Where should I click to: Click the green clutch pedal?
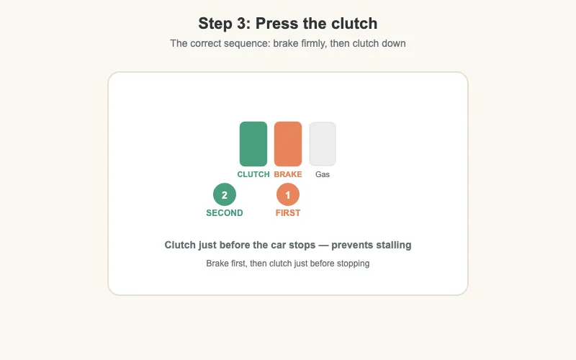[x=253, y=144]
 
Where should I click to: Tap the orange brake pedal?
[x=288, y=144]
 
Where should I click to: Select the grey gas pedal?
[x=323, y=144]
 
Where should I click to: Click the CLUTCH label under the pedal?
[x=253, y=174]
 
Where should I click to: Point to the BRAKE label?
[x=288, y=174]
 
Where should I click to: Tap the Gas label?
[x=323, y=174]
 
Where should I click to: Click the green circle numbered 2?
[x=225, y=195]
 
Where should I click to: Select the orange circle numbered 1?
[x=288, y=195]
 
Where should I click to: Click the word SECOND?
[x=225, y=213]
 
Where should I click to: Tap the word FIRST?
[x=288, y=213]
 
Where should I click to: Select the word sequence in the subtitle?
[x=247, y=43]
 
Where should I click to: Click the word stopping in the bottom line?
[x=352, y=264]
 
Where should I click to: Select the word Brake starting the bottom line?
[x=218, y=264]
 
